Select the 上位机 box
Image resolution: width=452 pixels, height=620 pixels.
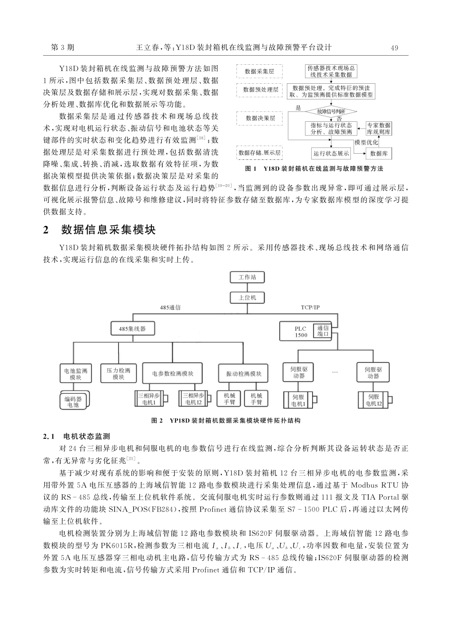pos(247,298)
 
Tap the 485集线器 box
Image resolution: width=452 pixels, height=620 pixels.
pos(128,328)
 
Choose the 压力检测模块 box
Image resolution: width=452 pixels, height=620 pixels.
pos(118,374)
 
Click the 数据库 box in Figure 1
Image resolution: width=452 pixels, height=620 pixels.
pos(379,153)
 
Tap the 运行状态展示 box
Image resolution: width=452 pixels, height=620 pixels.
pos(331,153)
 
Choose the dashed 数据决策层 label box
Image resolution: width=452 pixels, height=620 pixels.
pos(260,117)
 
